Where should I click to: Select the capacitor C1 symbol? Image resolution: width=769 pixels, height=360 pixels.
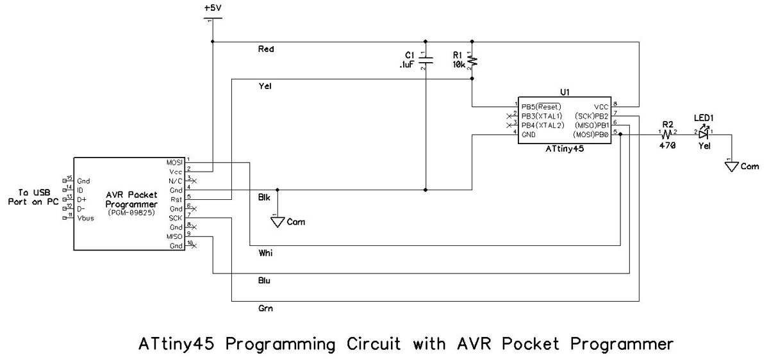pyautogui.click(x=426, y=61)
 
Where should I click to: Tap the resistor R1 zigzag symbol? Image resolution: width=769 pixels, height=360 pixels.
pyautogui.click(x=472, y=61)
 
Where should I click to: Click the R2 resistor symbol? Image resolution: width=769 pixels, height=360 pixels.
pyautogui.click(x=666, y=133)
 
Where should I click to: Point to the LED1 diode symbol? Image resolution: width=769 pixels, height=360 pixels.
pyautogui.click(x=704, y=133)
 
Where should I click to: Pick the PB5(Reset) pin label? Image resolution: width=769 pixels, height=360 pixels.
pyautogui.click(x=541, y=106)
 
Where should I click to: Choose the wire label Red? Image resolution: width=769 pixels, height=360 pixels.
pyautogui.click(x=265, y=49)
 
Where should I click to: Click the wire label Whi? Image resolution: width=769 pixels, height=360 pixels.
pyautogui.click(x=265, y=254)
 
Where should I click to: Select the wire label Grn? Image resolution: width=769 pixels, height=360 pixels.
pyautogui.click(x=265, y=309)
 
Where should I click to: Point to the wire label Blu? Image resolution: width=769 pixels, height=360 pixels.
pyautogui.click(x=265, y=281)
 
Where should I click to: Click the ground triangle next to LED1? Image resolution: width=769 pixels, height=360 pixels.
pyautogui.click(x=731, y=167)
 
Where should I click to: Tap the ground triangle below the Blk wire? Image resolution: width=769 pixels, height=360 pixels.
pyautogui.click(x=277, y=222)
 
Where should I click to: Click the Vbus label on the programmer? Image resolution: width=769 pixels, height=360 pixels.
pyautogui.click(x=87, y=218)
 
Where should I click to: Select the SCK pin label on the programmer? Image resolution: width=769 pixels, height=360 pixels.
pyautogui.click(x=174, y=218)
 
